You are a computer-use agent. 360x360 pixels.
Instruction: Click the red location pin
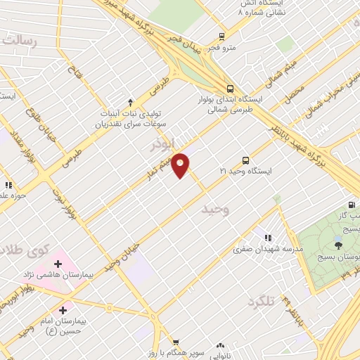tap(181, 165)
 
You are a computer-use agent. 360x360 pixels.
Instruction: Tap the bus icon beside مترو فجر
tap(222, 37)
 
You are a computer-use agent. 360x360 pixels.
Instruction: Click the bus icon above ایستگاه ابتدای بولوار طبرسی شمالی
tap(231, 89)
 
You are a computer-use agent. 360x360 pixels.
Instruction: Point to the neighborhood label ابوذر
tap(162, 145)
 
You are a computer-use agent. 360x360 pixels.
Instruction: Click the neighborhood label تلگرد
tap(259, 301)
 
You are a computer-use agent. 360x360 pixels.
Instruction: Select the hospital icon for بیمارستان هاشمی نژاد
tap(58, 264)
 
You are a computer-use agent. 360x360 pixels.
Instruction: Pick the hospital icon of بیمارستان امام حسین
tap(63, 309)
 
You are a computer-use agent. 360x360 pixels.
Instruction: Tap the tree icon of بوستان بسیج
tap(339, 245)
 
